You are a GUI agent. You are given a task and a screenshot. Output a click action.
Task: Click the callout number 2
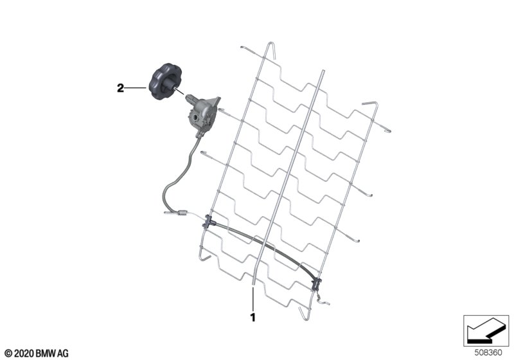point(121,88)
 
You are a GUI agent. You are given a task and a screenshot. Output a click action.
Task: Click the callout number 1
point(253,318)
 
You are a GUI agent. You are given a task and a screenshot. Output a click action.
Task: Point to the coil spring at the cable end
point(182,213)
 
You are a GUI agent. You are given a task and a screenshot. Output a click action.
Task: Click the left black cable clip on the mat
point(208,221)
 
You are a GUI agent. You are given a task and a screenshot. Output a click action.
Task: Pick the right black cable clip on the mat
point(317,283)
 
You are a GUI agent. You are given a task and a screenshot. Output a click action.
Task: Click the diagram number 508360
point(488,353)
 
